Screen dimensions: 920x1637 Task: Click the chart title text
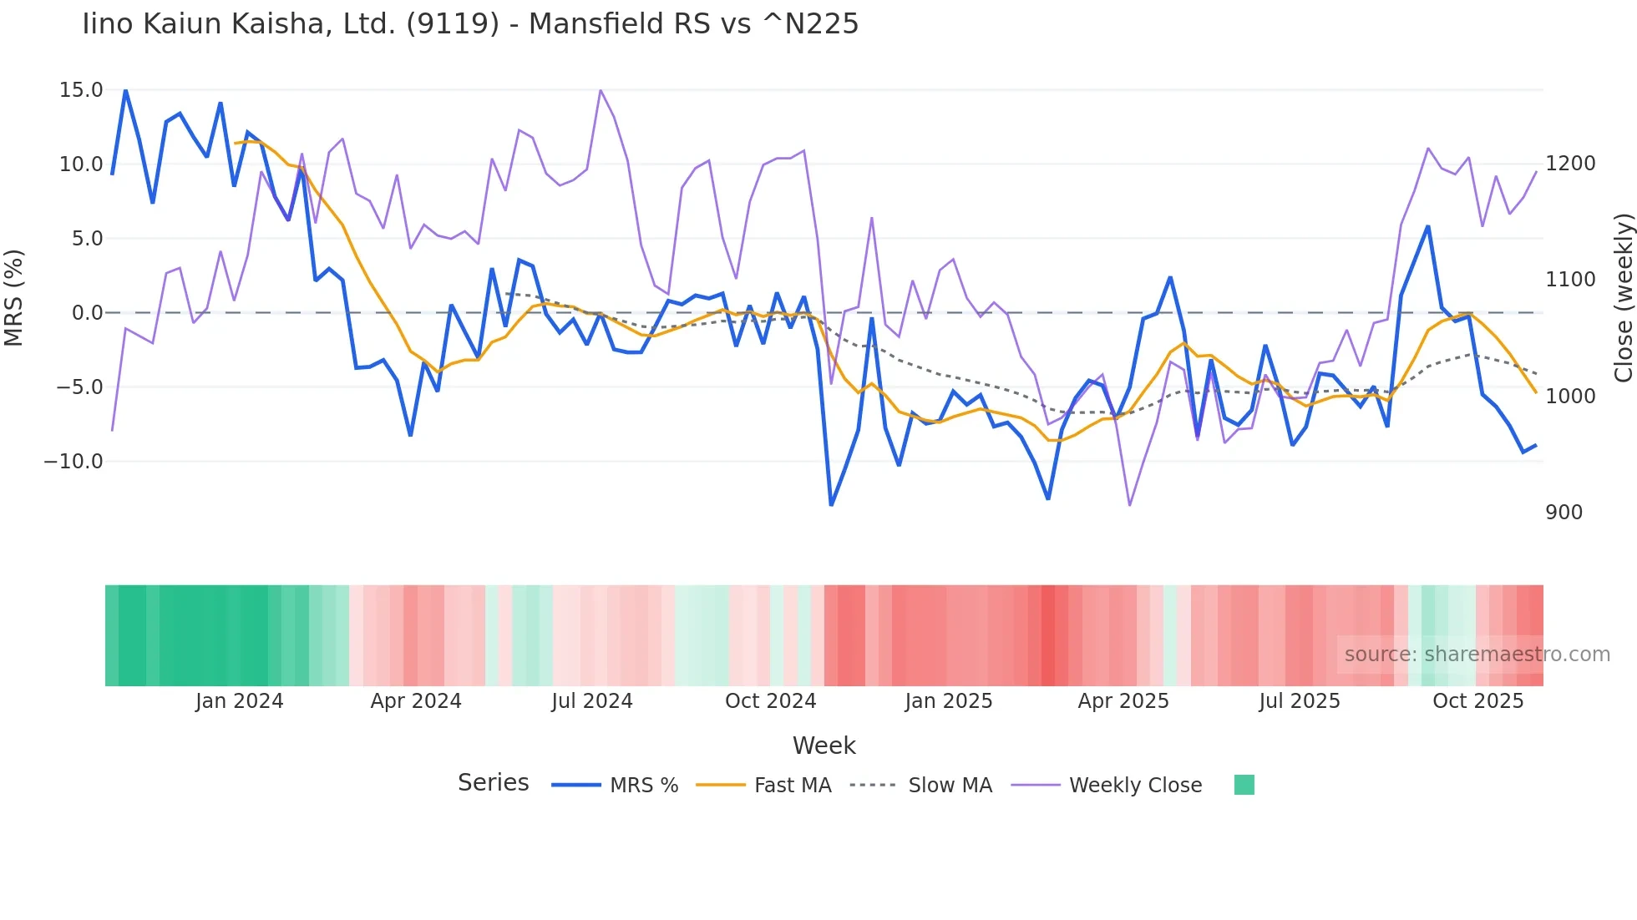point(470,24)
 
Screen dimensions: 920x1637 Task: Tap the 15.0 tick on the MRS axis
point(81,90)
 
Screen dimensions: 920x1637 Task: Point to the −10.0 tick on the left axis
point(74,462)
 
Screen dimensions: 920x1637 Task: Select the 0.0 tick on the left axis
point(87,313)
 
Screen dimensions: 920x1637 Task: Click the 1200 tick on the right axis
point(1570,164)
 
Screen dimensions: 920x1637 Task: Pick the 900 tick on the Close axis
point(1564,513)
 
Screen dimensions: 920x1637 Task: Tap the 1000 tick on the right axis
point(1570,397)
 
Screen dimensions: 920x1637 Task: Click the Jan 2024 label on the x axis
point(240,701)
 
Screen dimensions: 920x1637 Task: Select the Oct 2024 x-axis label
point(770,701)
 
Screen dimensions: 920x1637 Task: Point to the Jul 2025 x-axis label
point(1300,701)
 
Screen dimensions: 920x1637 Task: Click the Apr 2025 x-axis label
point(1123,701)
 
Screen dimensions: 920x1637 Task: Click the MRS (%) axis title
point(14,298)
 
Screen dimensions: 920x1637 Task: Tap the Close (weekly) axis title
point(1623,298)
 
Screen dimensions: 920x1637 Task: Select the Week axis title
point(824,746)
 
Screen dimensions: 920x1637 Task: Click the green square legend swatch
point(1244,785)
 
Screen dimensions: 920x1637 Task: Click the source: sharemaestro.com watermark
point(1477,655)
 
